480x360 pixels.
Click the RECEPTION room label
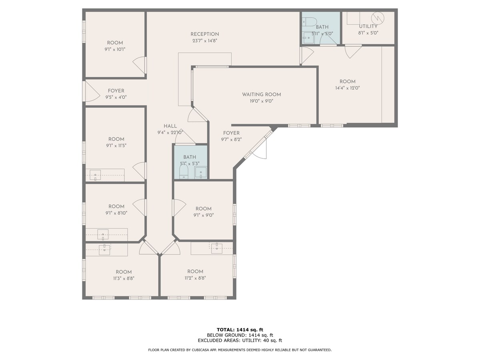(x=204, y=34)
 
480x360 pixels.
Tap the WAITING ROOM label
(x=261, y=95)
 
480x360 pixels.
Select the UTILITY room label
(x=368, y=26)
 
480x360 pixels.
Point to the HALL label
(x=170, y=126)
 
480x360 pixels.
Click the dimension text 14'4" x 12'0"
(x=347, y=88)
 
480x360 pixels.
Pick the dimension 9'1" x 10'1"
(x=115, y=50)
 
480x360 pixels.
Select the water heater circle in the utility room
(x=377, y=18)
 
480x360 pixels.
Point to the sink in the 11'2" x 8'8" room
(x=216, y=248)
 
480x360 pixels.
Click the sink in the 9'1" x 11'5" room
(x=95, y=175)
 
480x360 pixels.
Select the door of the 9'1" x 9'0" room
(x=179, y=208)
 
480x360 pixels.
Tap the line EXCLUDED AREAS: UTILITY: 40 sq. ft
(x=240, y=340)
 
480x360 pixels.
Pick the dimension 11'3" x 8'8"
(x=123, y=278)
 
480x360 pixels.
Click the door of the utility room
(x=353, y=51)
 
